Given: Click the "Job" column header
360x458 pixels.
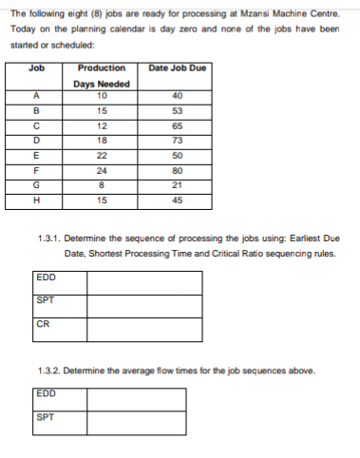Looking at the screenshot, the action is tap(37, 68).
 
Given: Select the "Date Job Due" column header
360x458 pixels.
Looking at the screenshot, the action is tap(179, 68).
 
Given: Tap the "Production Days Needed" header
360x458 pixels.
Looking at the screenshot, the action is tap(102, 75).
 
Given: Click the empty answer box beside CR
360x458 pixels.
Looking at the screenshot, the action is tap(144, 329).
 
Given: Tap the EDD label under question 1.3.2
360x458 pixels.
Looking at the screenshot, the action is tap(45, 392).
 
